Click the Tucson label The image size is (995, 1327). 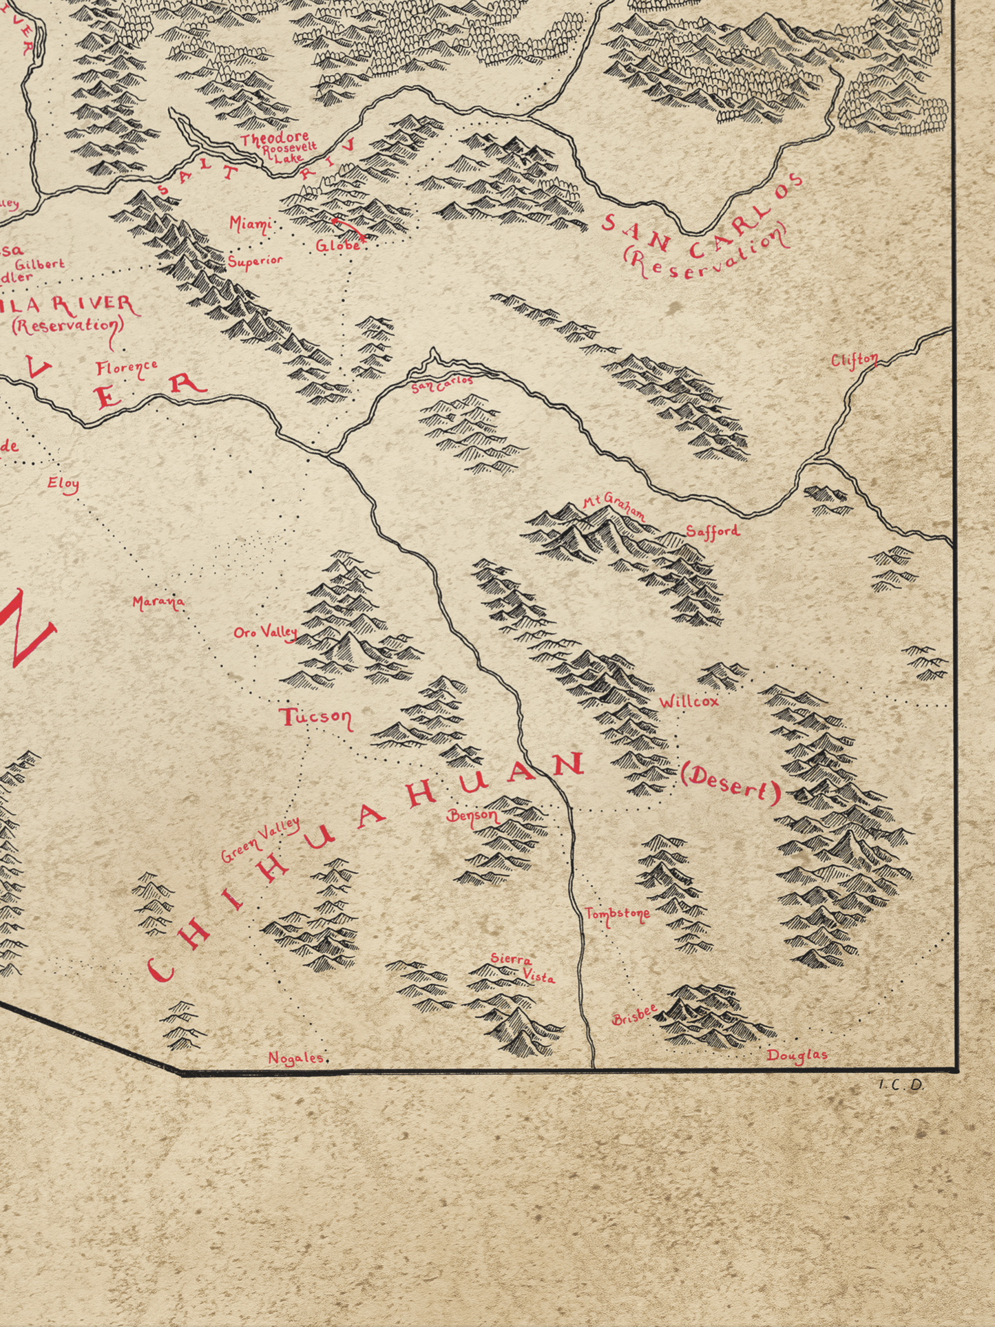point(316,717)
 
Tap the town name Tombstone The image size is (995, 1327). point(617,915)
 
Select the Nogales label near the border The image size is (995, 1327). point(296,1058)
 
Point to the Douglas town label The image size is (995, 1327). point(797,1055)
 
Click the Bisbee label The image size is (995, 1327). point(634,1016)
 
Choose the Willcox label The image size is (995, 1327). point(689,701)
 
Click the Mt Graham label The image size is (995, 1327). point(614,507)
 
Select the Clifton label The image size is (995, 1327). point(854,360)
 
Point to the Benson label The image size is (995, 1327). point(473,817)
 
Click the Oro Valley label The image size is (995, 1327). point(266,632)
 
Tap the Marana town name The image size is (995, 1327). point(158,603)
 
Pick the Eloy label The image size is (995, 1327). point(63,484)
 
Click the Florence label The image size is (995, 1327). point(127,368)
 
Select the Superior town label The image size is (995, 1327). point(255,261)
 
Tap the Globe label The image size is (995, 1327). point(338,245)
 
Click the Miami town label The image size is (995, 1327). point(249,224)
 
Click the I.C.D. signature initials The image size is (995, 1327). point(901,1085)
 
